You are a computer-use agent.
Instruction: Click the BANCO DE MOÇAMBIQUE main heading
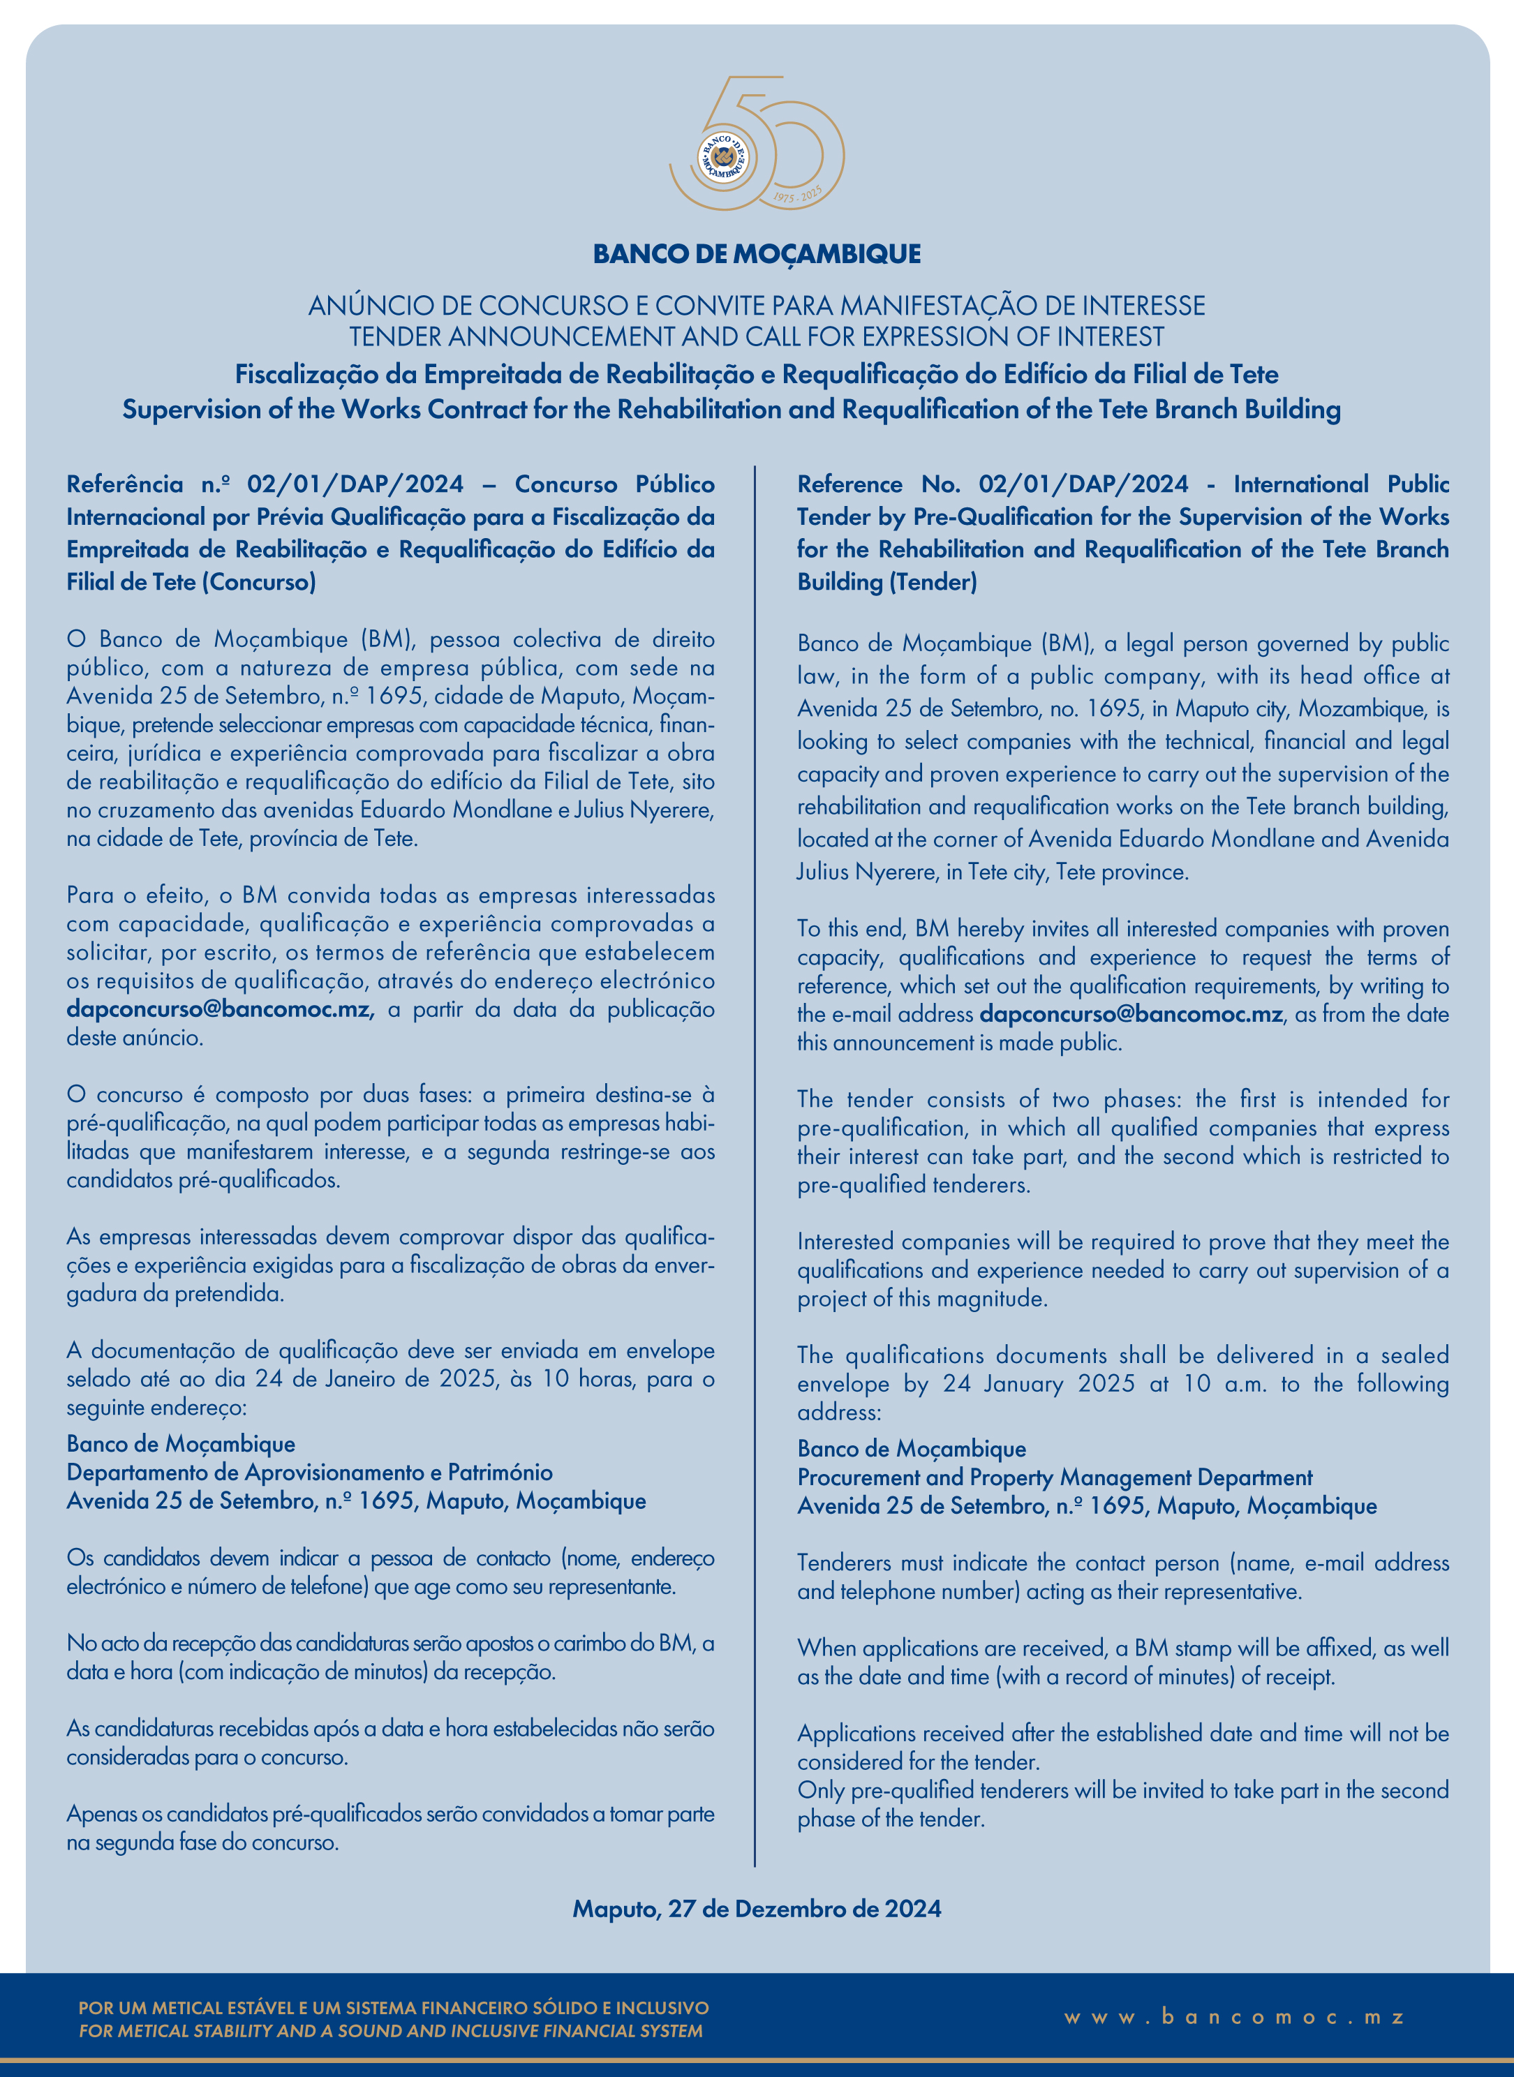(x=757, y=254)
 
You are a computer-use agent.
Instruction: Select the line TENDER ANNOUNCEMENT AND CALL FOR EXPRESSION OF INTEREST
(x=757, y=337)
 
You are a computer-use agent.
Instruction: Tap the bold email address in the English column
(x=1131, y=1014)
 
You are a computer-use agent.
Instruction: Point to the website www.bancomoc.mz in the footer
(x=1235, y=2018)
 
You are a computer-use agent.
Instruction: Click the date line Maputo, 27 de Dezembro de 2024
(x=757, y=1909)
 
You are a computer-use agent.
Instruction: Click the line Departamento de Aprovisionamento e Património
(x=310, y=1473)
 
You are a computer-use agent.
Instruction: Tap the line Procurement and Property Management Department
(x=1055, y=1477)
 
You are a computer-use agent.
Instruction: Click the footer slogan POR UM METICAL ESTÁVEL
(x=394, y=2009)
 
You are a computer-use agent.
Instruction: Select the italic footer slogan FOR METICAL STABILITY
(x=390, y=2031)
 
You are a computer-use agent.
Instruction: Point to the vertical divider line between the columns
(x=755, y=1163)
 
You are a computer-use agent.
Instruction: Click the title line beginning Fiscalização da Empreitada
(x=757, y=375)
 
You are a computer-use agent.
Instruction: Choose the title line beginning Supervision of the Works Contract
(x=732, y=410)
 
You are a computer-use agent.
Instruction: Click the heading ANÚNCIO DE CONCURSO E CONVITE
(x=757, y=305)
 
